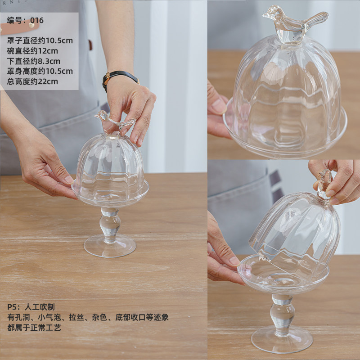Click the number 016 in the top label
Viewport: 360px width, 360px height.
[x=37, y=20]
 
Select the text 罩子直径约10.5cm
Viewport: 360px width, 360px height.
[x=40, y=40]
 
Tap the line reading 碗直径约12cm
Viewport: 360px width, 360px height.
[x=32, y=51]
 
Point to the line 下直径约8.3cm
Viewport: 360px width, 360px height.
[x=33, y=61]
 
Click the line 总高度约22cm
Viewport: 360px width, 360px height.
[x=32, y=81]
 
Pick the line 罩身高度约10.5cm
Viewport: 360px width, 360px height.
[x=40, y=71]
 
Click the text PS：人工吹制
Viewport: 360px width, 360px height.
[x=31, y=307]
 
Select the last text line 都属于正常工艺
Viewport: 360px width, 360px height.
[x=34, y=328]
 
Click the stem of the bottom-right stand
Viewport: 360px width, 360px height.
[x=282, y=315]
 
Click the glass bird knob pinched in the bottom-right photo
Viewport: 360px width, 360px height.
[x=324, y=184]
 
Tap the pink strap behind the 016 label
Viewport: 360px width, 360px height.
[x=19, y=28]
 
